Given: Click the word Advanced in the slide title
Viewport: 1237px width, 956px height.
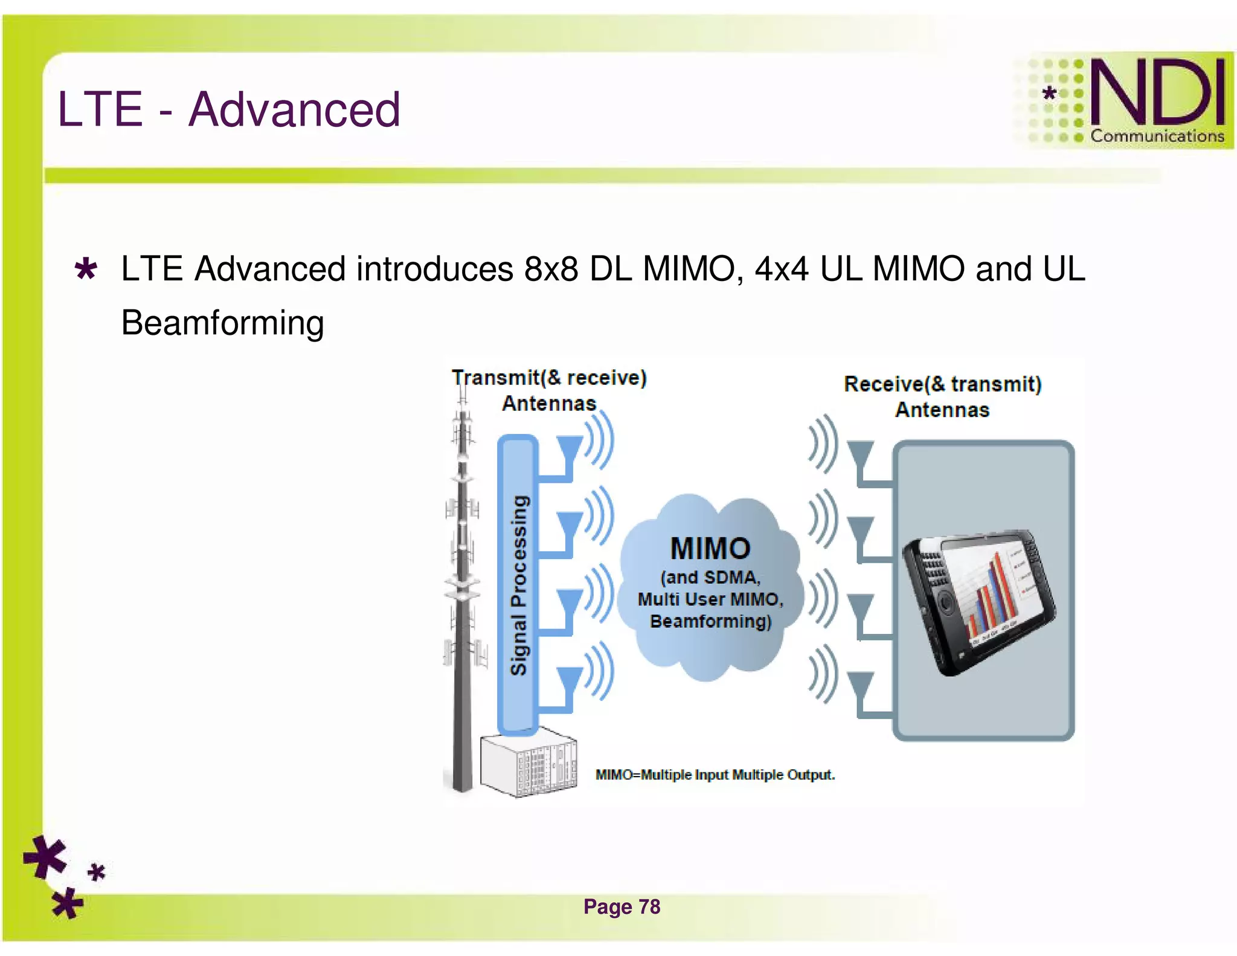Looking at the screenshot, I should [294, 109].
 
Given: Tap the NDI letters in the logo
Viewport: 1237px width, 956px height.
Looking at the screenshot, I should [1157, 92].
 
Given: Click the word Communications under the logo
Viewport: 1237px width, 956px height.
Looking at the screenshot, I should [1157, 137].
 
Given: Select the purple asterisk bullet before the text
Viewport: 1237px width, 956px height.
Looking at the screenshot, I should [86, 269].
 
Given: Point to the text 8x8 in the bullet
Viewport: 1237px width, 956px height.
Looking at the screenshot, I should [551, 269].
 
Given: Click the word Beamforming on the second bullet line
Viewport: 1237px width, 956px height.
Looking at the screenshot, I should [222, 323].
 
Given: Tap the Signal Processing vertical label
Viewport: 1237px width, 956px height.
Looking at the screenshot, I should [518, 584].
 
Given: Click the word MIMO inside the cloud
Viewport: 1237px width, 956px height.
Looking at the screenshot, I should [710, 548].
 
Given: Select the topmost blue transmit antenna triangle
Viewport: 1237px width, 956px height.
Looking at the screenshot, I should [568, 449].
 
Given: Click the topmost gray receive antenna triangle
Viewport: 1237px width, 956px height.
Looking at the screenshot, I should [860, 453].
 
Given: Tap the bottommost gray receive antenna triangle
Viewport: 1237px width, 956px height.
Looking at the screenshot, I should [860, 685].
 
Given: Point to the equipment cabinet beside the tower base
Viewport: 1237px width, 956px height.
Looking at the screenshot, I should [528, 764].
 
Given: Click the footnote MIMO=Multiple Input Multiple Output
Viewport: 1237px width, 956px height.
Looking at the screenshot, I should [715, 775].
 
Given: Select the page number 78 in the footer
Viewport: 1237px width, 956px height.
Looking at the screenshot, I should [649, 906].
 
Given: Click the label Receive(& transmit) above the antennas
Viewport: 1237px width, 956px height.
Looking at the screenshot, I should [942, 384].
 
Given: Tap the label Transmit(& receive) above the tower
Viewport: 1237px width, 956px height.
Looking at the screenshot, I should [549, 378].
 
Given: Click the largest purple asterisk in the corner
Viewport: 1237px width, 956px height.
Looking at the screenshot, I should [45, 857].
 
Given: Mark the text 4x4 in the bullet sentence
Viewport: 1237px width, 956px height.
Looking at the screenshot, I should [781, 269].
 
